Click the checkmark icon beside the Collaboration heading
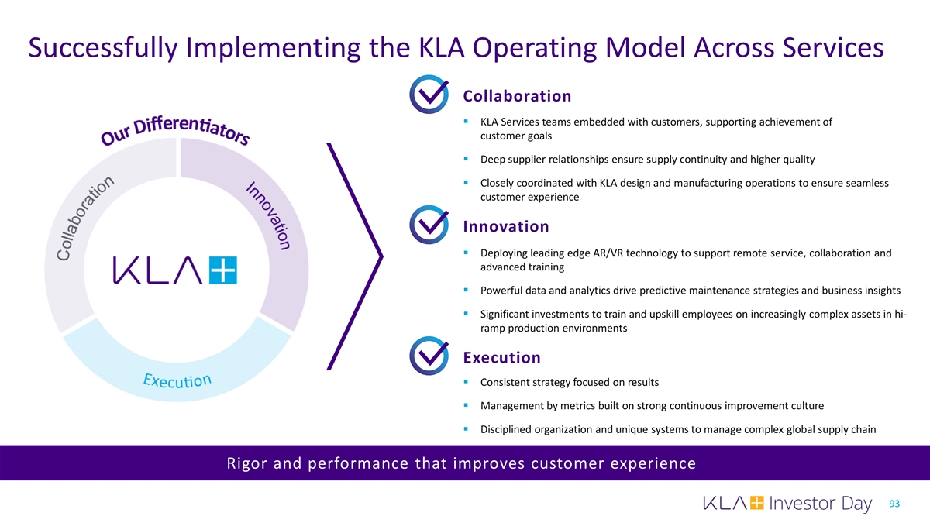pos(429,95)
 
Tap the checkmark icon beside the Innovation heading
pos(429,225)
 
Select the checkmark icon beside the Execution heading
pos(429,356)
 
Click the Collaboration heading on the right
pos(517,96)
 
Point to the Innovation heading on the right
pos(506,226)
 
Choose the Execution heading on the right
pos(502,357)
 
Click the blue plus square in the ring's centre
pos(223,270)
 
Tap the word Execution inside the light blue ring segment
pos(177,380)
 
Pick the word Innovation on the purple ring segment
pos(269,215)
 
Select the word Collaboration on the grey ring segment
pos(84,218)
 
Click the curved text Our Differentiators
pos(175,130)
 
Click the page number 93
pos(894,504)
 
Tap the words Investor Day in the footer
pos(820,504)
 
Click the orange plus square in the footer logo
pos(757,503)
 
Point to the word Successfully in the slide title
pos(103,48)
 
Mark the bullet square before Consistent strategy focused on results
pos(466,381)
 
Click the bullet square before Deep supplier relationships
pos(466,159)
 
